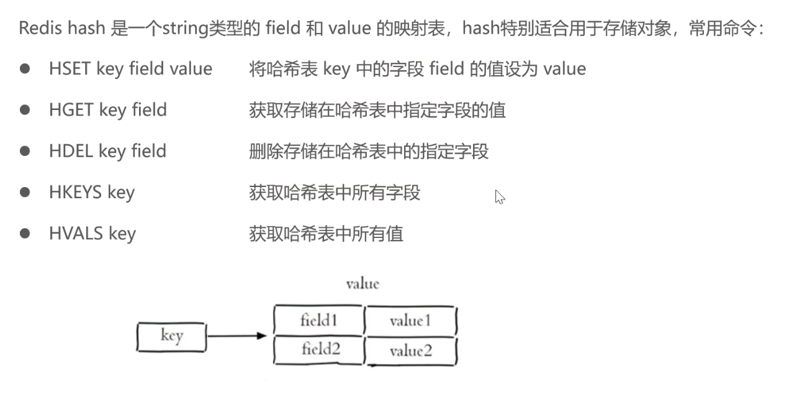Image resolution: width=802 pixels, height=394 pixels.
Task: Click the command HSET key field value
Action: (130, 69)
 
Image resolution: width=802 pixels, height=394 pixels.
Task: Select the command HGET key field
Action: (108, 110)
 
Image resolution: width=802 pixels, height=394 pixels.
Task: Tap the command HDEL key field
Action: (107, 151)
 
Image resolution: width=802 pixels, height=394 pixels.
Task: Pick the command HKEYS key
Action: (91, 192)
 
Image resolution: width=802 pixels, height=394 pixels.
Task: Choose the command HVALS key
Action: (92, 234)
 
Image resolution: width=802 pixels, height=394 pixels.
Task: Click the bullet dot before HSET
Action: (25, 69)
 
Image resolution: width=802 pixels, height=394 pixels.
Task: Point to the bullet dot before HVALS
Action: (25, 234)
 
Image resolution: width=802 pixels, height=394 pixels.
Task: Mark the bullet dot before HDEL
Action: (25, 151)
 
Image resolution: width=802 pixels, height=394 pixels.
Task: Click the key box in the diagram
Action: (171, 337)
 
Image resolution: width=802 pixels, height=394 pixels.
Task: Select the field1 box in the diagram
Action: (318, 321)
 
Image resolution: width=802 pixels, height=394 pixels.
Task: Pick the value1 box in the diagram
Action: (410, 321)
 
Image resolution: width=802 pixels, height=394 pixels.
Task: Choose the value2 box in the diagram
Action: (410, 351)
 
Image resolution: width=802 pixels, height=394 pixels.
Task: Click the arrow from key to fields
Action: (237, 336)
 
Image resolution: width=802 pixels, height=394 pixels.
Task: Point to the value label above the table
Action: (363, 284)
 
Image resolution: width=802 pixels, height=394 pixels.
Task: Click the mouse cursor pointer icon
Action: (499, 197)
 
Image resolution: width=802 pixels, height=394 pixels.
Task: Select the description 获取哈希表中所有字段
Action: (335, 193)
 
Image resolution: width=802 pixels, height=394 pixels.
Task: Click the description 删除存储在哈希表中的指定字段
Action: (369, 151)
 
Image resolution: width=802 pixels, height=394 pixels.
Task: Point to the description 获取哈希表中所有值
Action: (326, 234)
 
